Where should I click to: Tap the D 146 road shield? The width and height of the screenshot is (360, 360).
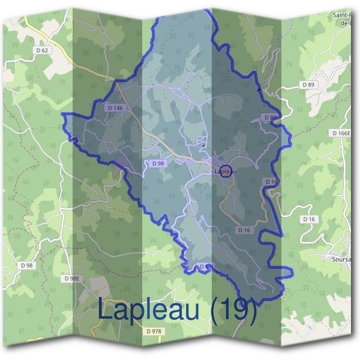[116, 107]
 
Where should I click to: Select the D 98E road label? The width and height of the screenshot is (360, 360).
[71, 278]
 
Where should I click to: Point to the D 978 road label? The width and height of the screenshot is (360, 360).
[154, 331]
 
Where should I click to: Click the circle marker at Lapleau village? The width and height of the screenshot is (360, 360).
[226, 171]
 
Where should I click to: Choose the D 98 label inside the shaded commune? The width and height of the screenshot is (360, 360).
[158, 163]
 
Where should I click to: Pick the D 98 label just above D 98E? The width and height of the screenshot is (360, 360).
[27, 265]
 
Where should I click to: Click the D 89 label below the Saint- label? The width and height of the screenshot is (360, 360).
[308, 85]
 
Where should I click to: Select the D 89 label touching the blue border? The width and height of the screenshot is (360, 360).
[269, 117]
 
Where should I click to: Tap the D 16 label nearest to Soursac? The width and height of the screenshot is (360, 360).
[308, 220]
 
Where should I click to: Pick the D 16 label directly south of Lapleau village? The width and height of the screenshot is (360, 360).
[244, 230]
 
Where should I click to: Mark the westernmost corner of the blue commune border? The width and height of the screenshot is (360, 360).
[63, 114]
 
